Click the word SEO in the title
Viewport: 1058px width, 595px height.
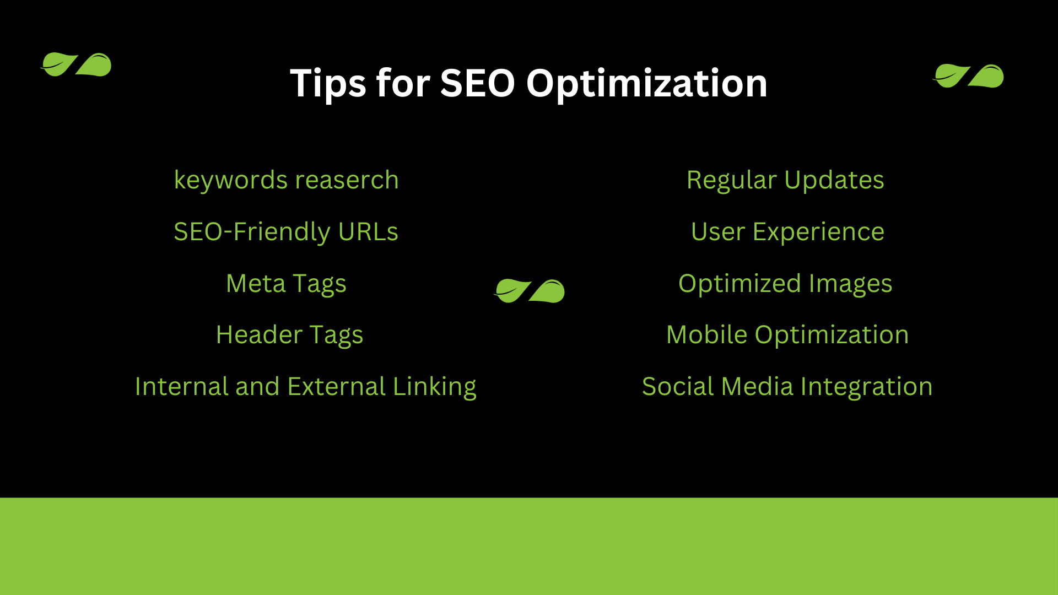[x=477, y=83]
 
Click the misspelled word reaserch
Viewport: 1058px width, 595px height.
[x=347, y=180]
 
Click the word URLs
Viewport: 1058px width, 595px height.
[x=368, y=232]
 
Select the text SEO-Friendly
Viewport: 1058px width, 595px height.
[x=252, y=232]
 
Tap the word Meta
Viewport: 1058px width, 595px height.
[x=256, y=284]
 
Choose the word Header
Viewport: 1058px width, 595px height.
[x=259, y=335]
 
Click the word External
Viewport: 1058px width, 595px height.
[x=337, y=387]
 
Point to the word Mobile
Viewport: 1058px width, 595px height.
[x=706, y=335]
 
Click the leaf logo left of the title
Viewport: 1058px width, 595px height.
[x=76, y=64]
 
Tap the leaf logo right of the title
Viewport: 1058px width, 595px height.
[x=968, y=76]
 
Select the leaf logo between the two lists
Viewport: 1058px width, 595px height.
[x=529, y=291]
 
